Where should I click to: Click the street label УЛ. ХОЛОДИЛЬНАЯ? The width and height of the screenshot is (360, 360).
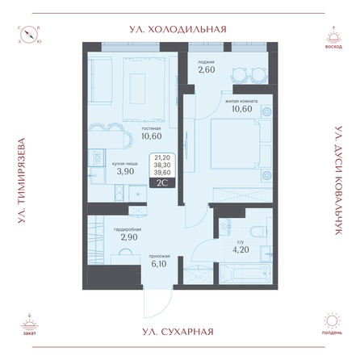[x=179, y=27]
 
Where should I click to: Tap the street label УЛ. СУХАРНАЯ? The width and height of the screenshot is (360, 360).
[x=179, y=331]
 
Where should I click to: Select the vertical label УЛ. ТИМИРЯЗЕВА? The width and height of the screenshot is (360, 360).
[x=20, y=179]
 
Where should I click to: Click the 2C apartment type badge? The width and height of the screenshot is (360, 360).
[x=161, y=183]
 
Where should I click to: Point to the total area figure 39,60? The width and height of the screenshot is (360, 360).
[x=161, y=172]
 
